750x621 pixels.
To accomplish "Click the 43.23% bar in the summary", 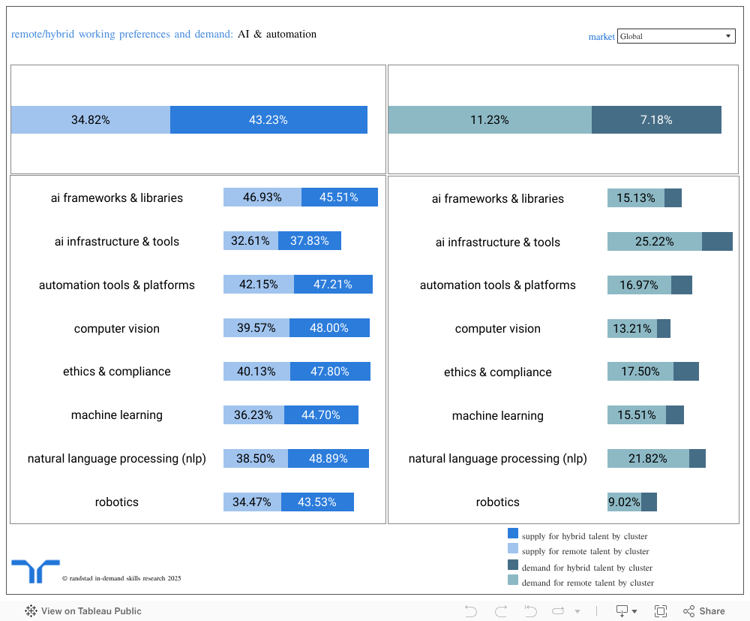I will [268, 120].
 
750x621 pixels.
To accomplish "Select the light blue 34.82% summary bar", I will [91, 120].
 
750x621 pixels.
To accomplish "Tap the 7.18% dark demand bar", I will [656, 120].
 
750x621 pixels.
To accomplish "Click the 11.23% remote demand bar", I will [490, 120].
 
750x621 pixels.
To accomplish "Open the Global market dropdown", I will [676, 36].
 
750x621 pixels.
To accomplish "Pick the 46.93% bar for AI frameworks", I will [262, 197].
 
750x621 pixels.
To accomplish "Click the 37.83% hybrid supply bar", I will [310, 241].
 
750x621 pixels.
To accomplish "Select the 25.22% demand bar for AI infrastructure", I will [654, 242].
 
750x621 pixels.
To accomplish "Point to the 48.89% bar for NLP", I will [328, 459].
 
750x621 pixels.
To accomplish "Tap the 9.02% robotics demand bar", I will [624, 502].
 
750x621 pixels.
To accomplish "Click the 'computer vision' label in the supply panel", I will [116, 329].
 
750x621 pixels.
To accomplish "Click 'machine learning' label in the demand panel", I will [497, 416].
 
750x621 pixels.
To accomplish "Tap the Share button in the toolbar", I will [703, 611].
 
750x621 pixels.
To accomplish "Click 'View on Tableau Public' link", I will [83, 611].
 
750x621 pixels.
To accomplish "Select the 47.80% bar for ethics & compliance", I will [330, 372].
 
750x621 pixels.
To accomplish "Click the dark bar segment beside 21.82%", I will [697, 459].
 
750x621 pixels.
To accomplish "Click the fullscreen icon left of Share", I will [661, 611].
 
